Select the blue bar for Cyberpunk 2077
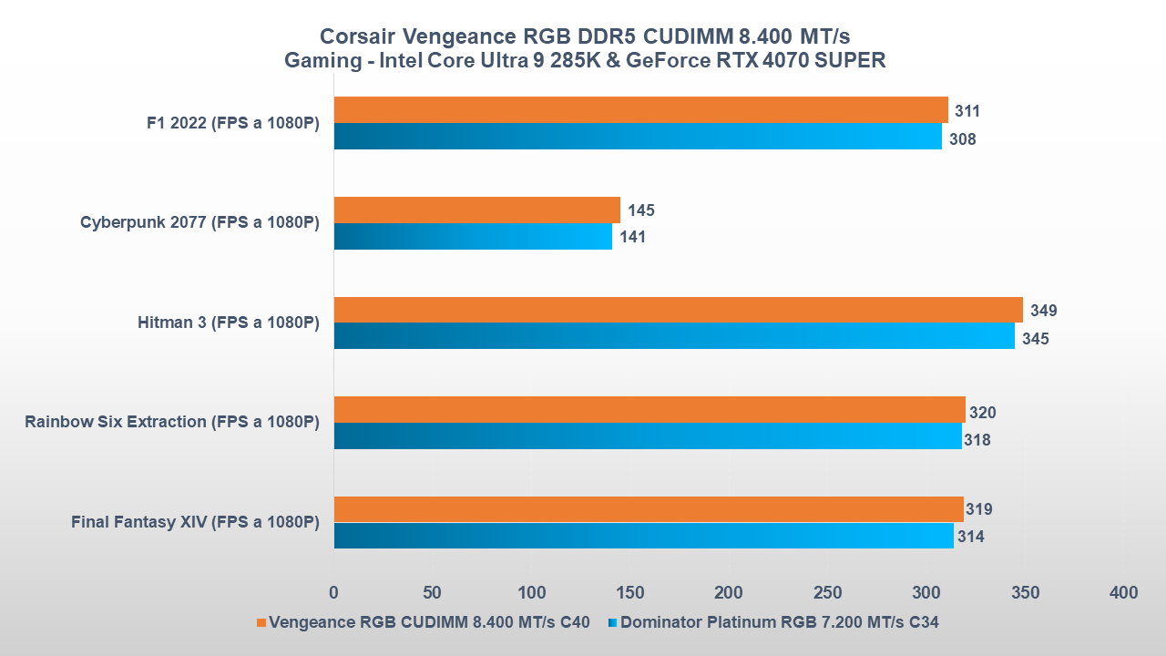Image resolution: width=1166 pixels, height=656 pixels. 473,237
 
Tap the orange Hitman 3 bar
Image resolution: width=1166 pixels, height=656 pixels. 678,310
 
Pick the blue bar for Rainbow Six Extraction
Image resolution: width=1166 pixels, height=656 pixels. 648,436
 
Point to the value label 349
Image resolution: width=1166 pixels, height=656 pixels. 1043,311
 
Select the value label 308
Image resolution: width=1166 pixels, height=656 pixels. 962,139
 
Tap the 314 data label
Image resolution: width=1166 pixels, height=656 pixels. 970,537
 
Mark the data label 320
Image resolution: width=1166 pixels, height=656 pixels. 982,413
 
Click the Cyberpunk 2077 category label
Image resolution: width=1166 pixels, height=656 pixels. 199,222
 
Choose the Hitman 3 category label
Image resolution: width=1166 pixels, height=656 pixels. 228,323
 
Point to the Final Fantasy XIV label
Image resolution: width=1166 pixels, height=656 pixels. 195,522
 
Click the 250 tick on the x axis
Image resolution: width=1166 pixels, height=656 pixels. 827,593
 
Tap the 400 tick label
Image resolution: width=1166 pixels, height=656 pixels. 1124,593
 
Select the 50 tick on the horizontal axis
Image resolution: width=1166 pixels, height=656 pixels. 433,593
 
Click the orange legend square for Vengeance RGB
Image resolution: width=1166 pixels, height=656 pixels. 261,623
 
